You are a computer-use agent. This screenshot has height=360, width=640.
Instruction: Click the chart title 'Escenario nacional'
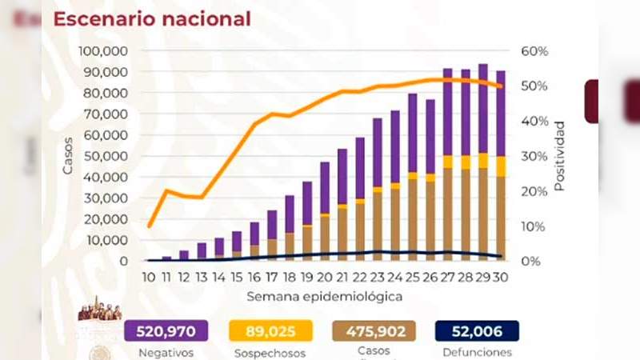point(152,18)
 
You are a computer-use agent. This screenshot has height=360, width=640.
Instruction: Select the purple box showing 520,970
point(166,331)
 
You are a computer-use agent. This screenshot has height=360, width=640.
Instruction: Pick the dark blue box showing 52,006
point(478,331)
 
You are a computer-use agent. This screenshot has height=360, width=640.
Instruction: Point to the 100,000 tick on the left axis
point(104,50)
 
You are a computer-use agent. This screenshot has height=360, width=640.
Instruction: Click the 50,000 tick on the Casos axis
point(107,156)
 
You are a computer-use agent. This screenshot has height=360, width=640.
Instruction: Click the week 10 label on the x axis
point(150,277)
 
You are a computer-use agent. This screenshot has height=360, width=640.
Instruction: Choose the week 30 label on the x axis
point(500,277)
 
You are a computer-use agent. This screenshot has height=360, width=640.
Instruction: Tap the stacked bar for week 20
point(325,211)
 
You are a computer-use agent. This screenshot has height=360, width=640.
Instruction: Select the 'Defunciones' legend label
point(478,352)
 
